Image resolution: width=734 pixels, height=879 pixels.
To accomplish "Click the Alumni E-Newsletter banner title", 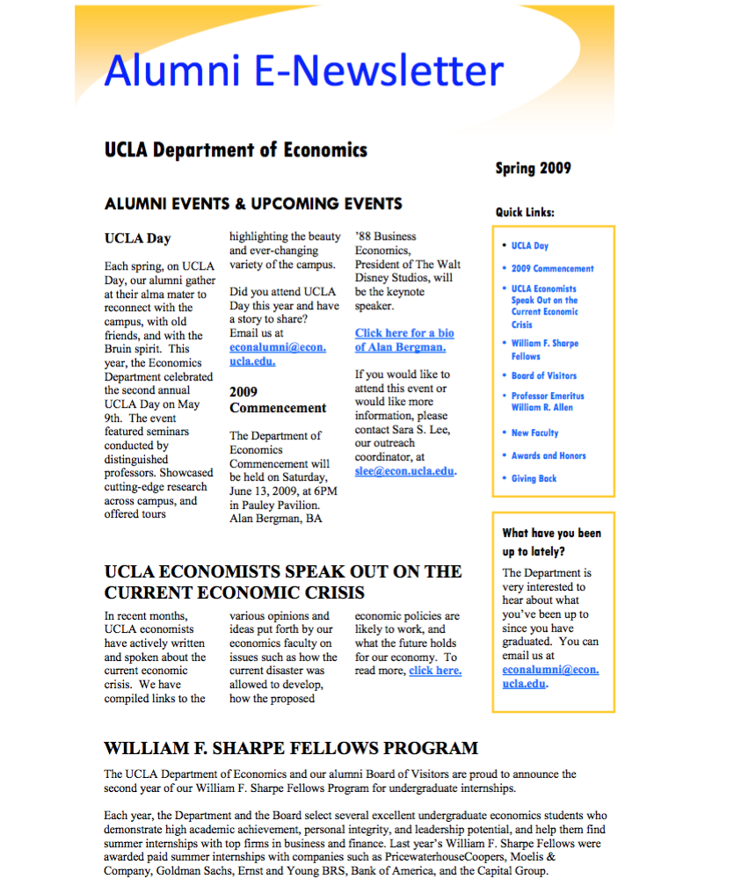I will click(x=303, y=70).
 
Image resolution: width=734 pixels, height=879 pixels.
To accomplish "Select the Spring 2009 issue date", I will click(x=533, y=168).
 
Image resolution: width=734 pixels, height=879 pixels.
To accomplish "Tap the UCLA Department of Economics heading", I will click(x=236, y=149).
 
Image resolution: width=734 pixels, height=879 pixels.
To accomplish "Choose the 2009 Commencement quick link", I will click(x=552, y=269).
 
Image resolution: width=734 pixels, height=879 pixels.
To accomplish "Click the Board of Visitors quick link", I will click(x=544, y=375).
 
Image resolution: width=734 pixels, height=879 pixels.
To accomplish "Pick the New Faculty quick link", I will click(x=534, y=432).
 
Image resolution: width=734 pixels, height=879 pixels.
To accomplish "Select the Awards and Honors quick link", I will click(x=549, y=455).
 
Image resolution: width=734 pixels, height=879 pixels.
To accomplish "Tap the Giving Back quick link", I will click(x=534, y=478).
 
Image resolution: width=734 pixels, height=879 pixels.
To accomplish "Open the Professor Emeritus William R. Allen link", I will click(x=548, y=402).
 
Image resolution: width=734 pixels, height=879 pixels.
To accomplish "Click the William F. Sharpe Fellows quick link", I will click(x=545, y=350).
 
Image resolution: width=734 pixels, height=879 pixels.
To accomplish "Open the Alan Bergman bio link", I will click(x=404, y=340).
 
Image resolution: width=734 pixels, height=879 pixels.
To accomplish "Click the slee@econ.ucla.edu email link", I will click(x=404, y=471).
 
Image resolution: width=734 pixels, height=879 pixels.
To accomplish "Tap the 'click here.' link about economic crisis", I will click(x=435, y=671).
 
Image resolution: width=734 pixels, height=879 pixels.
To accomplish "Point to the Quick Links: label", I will click(x=525, y=212).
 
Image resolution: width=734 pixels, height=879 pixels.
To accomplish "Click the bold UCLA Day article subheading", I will click(x=137, y=238).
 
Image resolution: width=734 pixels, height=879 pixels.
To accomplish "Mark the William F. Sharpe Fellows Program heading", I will click(x=291, y=749).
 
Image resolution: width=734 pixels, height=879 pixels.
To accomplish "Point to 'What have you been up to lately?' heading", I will click(x=551, y=541).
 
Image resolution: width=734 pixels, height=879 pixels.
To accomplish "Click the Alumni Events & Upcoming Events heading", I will click(x=253, y=204).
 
